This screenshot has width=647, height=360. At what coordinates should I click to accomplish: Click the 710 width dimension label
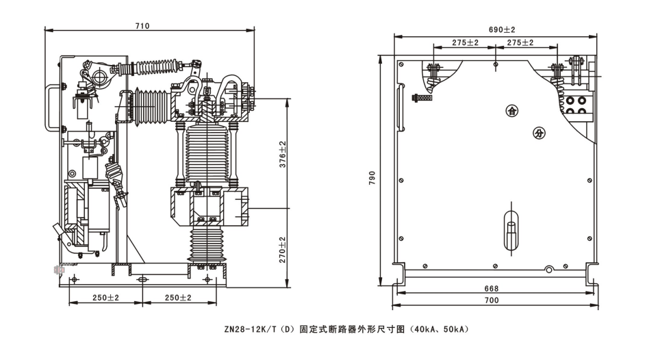142,26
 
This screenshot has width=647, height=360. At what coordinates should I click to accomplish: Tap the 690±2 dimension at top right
502,29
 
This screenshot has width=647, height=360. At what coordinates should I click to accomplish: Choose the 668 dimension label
492,289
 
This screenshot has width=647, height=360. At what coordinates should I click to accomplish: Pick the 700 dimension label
492,300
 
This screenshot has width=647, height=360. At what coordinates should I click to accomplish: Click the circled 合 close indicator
511,110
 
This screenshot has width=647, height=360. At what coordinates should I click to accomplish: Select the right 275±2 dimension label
520,42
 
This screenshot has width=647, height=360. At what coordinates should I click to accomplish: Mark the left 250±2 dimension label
105,298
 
